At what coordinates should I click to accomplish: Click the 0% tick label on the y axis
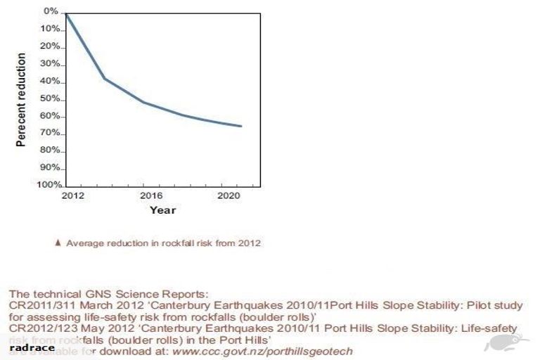pyautogui.click(x=51, y=11)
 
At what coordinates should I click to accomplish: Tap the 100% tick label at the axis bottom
pyautogui.click(x=46, y=184)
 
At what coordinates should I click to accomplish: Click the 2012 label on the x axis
pyautogui.click(x=72, y=195)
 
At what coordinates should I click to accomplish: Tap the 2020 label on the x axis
pyautogui.click(x=226, y=195)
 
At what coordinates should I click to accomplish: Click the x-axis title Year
pyautogui.click(x=162, y=210)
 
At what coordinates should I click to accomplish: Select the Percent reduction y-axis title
pyautogui.click(x=21, y=99)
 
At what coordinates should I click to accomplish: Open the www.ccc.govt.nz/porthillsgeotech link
pyautogui.click(x=262, y=350)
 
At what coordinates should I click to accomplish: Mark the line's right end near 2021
pyautogui.click(x=241, y=127)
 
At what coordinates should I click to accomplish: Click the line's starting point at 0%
pyautogui.click(x=66, y=13)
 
